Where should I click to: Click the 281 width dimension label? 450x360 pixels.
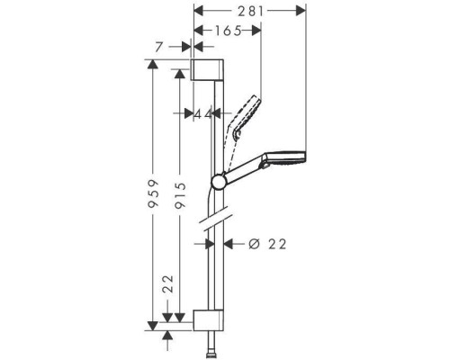[251, 12]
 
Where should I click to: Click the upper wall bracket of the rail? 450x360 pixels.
[208, 71]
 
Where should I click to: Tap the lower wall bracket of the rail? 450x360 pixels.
[208, 319]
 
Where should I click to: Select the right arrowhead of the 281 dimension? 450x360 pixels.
[302, 12]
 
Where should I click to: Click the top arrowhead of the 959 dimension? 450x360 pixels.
[155, 65]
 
